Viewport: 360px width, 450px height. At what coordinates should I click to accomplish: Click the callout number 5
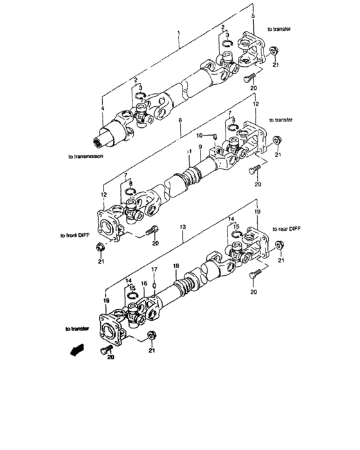tap(253, 15)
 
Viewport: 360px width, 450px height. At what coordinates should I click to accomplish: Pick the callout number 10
tap(200, 135)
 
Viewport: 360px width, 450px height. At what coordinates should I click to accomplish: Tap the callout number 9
tap(200, 148)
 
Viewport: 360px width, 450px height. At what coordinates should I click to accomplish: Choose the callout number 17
tap(154, 269)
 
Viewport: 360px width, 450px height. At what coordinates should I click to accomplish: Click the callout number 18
tap(175, 265)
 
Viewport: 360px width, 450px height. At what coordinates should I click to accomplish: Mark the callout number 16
tap(144, 283)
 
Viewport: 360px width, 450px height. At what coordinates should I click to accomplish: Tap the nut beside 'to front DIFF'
tap(100, 247)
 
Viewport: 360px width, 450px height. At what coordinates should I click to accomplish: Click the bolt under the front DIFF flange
tap(152, 230)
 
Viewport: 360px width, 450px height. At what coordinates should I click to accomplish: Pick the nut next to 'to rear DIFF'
tap(280, 244)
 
